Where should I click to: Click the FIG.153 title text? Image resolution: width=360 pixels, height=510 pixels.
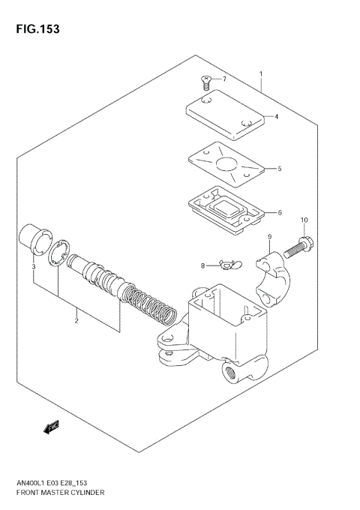coord(36,29)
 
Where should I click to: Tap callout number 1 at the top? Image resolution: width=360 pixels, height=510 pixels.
coord(260,73)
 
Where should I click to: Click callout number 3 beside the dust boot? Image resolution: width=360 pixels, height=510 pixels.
coord(33,266)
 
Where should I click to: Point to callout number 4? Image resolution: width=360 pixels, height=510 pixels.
coord(277,116)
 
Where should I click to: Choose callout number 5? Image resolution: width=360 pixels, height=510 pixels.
coord(279,169)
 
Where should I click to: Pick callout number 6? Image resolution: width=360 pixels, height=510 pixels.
coord(280,212)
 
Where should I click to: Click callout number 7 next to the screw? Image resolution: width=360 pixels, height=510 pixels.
coord(223,78)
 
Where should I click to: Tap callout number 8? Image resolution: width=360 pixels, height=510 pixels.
coord(202,265)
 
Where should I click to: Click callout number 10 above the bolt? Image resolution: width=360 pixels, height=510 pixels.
coord(304,220)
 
